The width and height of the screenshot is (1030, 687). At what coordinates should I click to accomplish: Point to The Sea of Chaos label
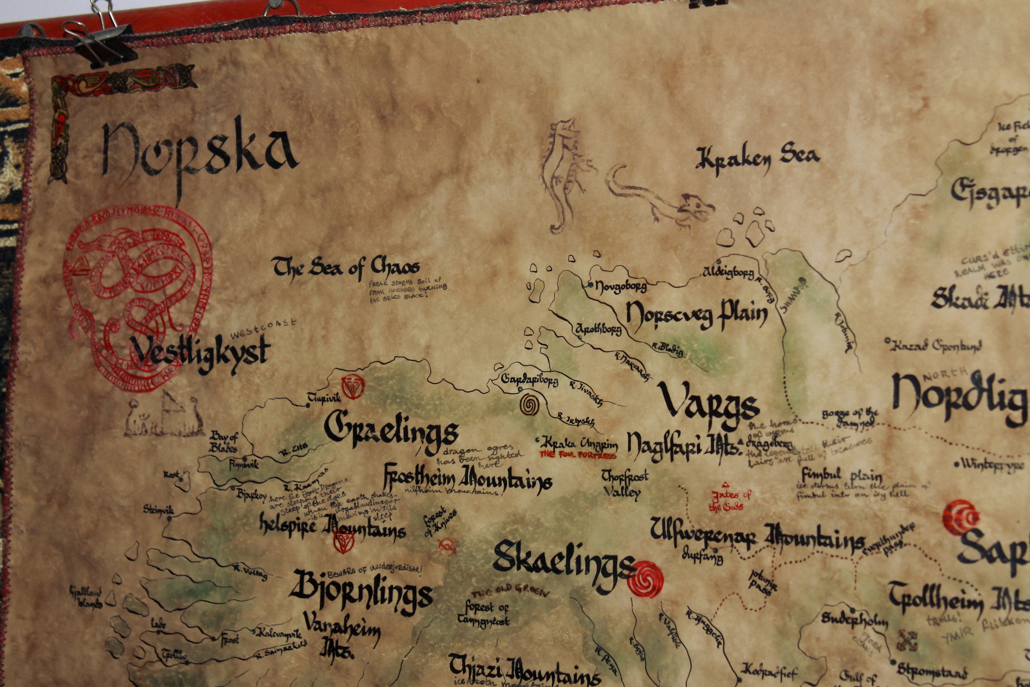[x=346, y=267]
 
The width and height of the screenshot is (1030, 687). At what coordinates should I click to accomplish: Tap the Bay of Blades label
[x=224, y=442]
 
